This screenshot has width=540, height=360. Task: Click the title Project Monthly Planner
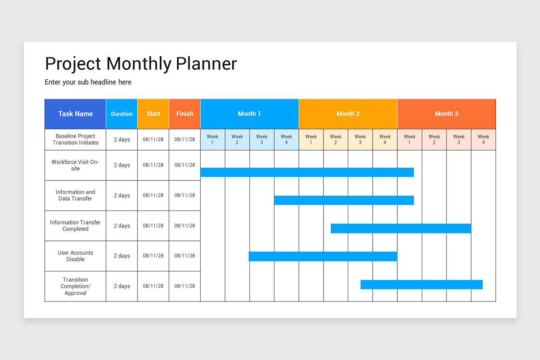coord(140,64)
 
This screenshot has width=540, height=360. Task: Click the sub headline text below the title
coord(88,82)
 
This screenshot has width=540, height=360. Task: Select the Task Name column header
coord(75,114)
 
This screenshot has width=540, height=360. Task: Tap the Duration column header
coord(121,114)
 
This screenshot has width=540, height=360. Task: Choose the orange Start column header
coord(153,114)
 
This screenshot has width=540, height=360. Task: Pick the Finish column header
coord(184,114)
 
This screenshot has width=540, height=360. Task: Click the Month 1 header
coord(249,114)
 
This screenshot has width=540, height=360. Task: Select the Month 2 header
coord(348,114)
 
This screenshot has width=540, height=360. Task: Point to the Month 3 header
coord(446,114)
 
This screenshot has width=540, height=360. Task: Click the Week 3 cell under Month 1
coord(261,139)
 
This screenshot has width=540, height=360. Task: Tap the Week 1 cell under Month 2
coord(311,139)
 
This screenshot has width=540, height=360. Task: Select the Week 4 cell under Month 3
coord(483,139)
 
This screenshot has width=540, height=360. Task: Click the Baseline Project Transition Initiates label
coord(75,139)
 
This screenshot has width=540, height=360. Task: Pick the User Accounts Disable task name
coord(75,256)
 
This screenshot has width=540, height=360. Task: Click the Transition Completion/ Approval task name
coord(75,286)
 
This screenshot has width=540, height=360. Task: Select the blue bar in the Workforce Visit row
coord(307,172)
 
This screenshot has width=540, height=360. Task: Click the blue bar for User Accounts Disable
coord(323,256)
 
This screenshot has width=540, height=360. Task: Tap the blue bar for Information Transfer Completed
coord(400,229)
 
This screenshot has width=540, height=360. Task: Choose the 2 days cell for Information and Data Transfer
coord(121,196)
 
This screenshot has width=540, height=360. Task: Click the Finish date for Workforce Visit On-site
coord(184,165)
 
